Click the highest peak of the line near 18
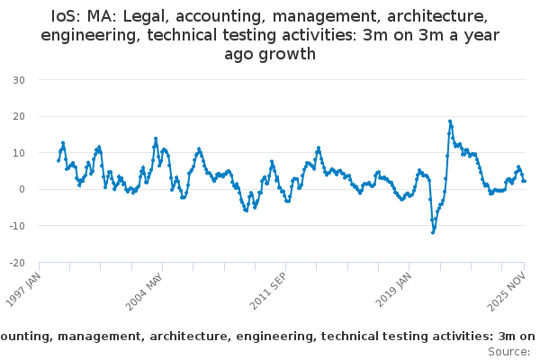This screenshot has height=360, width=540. (450, 121)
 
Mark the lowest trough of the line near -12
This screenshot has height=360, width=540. (433, 232)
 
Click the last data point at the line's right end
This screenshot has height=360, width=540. (525, 181)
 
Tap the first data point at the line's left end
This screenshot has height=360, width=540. (58, 160)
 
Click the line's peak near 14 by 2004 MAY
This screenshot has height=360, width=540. (156, 139)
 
